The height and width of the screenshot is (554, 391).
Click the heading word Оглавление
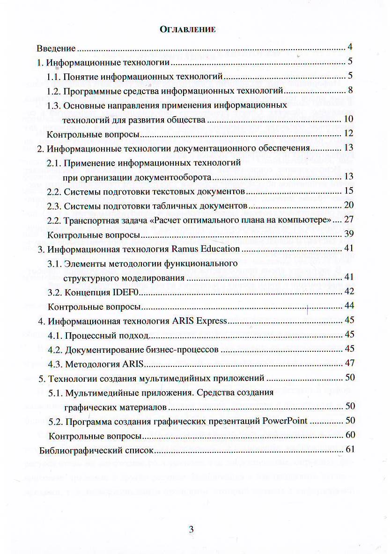click(188, 29)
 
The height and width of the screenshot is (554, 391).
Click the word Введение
click(56, 48)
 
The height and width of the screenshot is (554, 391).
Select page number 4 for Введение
click(350, 47)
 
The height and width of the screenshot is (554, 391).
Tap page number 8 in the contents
click(350, 90)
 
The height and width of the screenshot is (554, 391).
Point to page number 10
click(348, 119)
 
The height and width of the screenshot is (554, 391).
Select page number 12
click(348, 134)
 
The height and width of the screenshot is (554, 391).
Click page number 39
click(348, 234)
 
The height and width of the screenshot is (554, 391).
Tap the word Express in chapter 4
click(211, 321)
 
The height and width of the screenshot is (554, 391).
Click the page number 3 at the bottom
click(191, 530)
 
